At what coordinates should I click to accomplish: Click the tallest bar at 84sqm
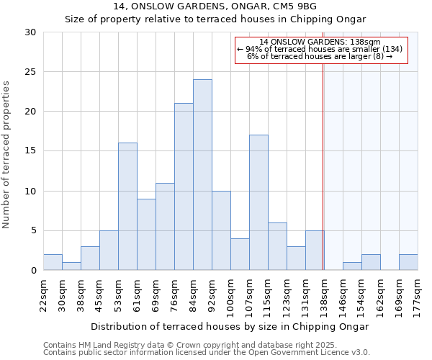[202, 175]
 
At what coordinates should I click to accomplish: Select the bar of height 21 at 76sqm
[184, 186]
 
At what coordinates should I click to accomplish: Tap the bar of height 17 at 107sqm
[258, 202]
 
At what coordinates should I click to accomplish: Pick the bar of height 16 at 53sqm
[127, 207]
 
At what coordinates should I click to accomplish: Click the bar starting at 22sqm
[53, 262]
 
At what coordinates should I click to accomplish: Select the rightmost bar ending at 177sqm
[408, 262]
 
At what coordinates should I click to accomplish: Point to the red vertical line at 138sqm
[323, 158]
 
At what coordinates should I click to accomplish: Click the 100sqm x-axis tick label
[231, 292]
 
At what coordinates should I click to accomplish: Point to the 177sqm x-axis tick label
[418, 292]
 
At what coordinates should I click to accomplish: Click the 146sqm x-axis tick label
[343, 292]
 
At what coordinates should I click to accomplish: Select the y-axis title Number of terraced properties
[6, 155]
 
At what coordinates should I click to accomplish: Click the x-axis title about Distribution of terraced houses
[230, 326]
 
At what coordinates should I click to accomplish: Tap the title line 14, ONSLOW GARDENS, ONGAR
[215, 6]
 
